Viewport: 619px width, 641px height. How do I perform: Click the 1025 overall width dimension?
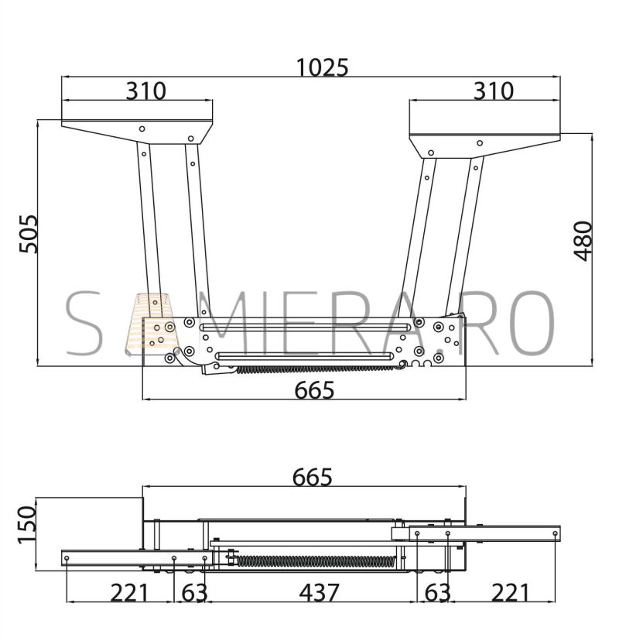tap(322, 67)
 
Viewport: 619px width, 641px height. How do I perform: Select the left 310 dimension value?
tap(146, 91)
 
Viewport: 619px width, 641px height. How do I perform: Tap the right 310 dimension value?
tap(493, 91)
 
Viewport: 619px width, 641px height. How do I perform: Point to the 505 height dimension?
tap(29, 234)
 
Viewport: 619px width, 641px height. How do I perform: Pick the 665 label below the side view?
tap(314, 390)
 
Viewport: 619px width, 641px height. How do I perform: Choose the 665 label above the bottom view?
tap(313, 477)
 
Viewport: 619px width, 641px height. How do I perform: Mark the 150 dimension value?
tap(27, 525)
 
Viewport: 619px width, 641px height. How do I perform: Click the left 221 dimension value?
tap(128, 593)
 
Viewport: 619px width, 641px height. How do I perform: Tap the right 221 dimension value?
tap(510, 593)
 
